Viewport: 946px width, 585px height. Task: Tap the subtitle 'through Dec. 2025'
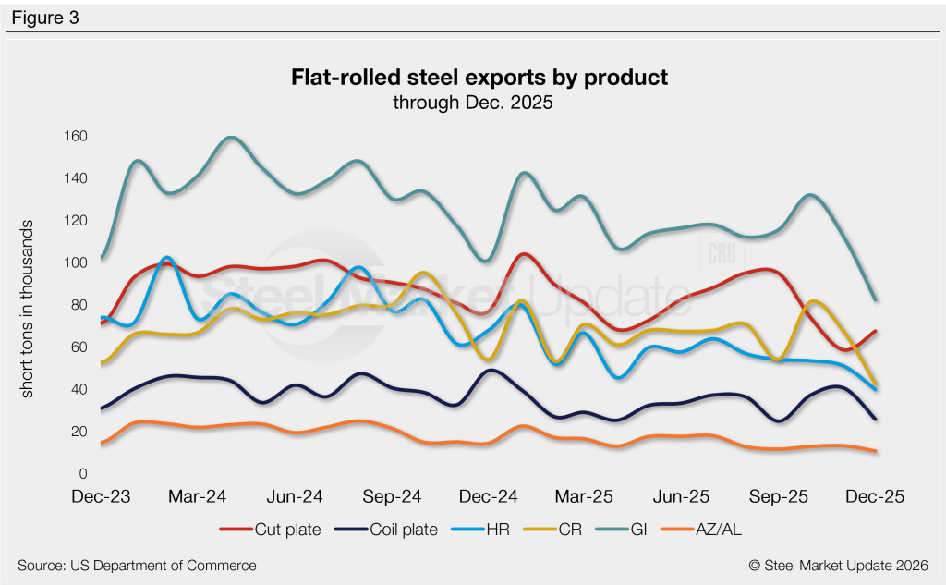tap(473, 103)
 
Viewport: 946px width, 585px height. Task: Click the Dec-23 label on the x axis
tap(101, 497)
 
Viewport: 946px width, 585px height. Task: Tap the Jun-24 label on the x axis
tap(294, 497)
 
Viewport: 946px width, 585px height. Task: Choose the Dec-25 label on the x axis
tap(873, 497)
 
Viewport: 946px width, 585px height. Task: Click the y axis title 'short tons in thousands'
tap(29, 310)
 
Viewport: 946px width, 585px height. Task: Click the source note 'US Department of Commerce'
tap(137, 565)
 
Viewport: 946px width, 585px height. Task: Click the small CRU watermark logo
tap(718, 253)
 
